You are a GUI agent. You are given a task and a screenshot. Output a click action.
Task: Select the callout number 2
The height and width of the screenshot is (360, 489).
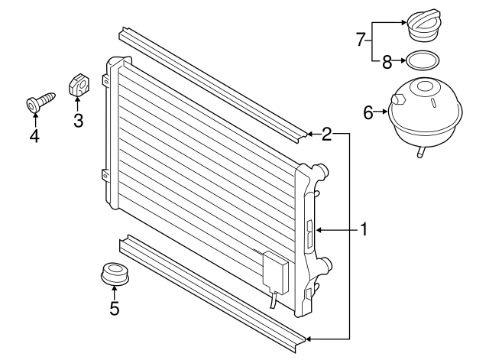coord(326,135)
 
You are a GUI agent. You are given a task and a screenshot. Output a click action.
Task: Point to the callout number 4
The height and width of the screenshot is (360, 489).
coord(34,136)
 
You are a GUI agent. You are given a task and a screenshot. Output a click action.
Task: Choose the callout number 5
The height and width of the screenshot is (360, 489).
coord(115,308)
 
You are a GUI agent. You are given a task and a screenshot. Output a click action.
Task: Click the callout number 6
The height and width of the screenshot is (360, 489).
coord(368,113)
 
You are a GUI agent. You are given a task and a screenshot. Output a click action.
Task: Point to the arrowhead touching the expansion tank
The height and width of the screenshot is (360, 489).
coord(384,113)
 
